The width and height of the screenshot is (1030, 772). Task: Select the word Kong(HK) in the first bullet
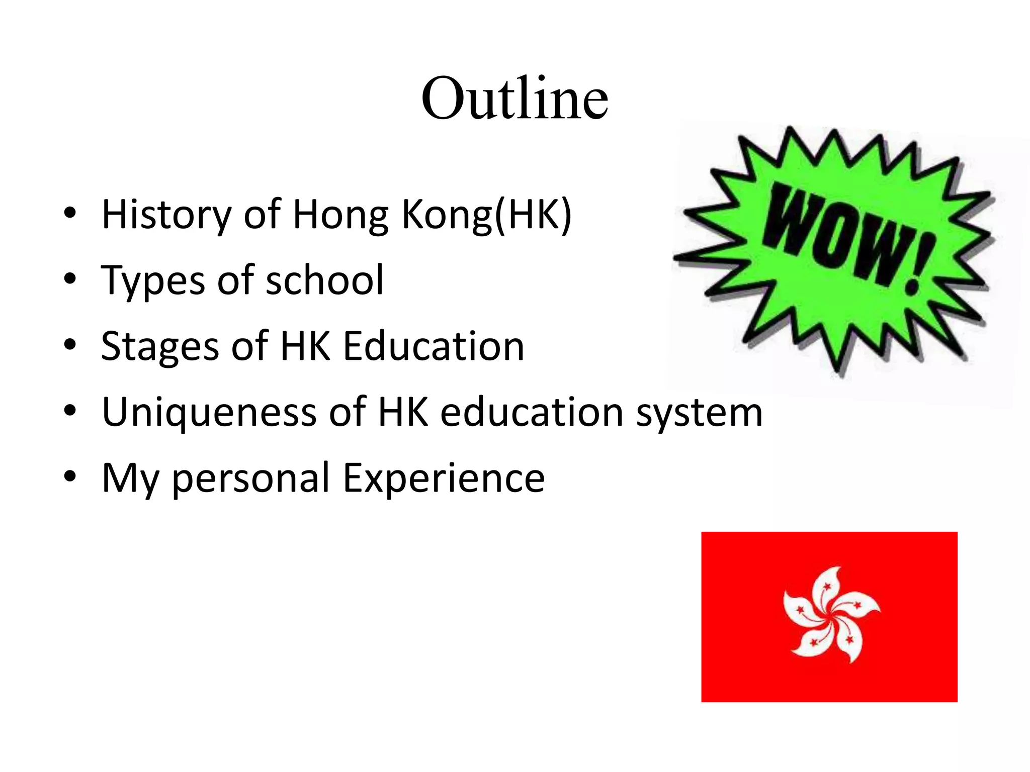tap(486, 215)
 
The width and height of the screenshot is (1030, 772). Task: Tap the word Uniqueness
tap(209, 412)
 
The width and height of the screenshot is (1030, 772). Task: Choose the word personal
tap(251, 478)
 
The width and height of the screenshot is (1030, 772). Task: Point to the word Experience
tap(444, 478)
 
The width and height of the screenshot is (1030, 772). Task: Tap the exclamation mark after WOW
tap(919, 264)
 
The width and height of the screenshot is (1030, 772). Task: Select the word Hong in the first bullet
tap(340, 215)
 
